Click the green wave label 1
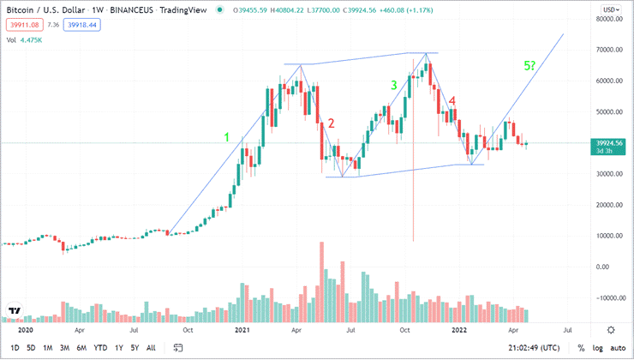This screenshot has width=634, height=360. pos(226,137)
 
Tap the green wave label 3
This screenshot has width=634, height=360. pos(393,85)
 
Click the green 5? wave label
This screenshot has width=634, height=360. pos(531,66)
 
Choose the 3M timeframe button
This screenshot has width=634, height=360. pos(64,348)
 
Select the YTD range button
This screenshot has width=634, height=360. pos(101,348)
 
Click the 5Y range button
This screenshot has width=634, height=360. pos(135,348)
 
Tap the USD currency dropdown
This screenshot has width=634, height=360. pos(611,9)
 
